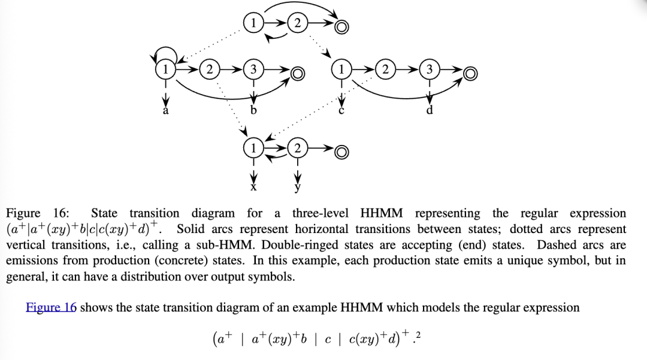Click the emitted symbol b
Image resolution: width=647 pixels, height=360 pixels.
(253, 111)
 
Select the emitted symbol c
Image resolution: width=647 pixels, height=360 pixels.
(341, 111)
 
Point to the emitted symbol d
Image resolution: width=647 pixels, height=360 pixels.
(429, 111)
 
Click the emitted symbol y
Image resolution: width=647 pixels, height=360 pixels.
(297, 187)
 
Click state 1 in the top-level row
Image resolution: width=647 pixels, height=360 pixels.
(253, 23)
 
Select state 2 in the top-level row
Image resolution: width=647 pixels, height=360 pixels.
(297, 23)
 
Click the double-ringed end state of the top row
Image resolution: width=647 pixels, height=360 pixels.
(341, 26)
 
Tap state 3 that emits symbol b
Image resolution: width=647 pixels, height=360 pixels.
(253, 69)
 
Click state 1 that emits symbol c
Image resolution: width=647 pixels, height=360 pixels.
(341, 69)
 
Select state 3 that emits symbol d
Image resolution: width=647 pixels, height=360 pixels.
(429, 69)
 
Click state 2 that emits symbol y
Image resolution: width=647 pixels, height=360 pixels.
(297, 147)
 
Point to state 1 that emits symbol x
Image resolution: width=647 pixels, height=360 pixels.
(253, 147)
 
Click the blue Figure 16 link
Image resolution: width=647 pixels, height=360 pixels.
(51, 307)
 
